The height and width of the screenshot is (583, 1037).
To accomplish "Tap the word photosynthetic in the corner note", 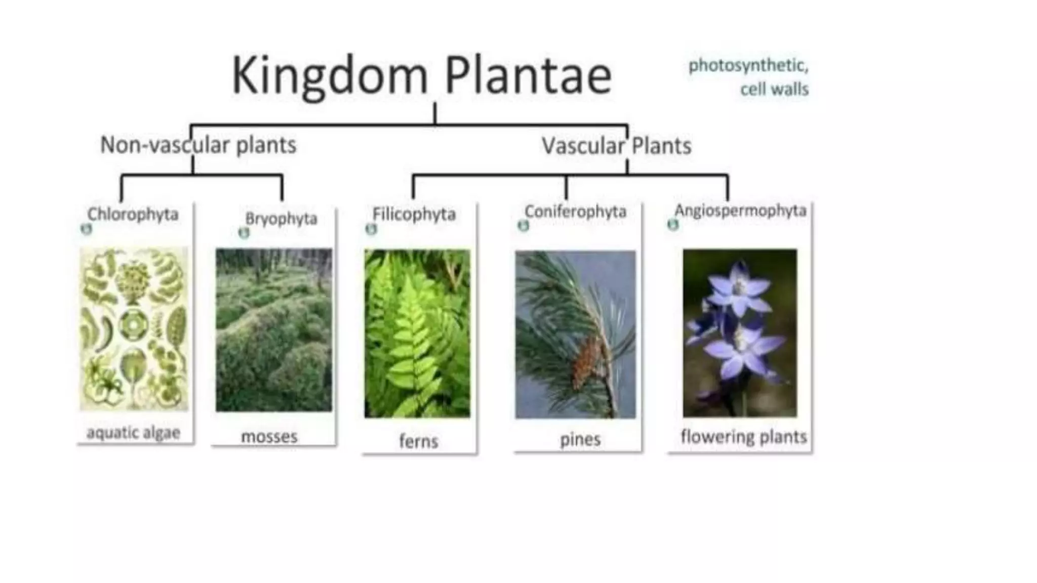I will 748,66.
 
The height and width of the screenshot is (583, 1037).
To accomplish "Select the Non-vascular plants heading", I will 198,145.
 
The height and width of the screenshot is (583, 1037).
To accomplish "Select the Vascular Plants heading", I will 616,146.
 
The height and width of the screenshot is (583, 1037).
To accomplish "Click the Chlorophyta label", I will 133,214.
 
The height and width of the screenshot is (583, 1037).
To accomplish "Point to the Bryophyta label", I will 281,219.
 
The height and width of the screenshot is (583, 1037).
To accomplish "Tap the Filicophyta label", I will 414,214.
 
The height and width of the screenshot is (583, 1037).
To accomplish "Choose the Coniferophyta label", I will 575,211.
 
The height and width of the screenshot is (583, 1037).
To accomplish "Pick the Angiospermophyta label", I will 740,210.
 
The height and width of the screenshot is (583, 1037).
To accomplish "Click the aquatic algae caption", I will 133,433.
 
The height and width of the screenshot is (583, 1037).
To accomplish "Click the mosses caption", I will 269,436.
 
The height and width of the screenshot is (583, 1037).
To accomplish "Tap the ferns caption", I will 418,441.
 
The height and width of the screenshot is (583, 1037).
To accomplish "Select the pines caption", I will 580,439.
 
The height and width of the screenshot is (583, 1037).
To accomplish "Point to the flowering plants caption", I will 743,436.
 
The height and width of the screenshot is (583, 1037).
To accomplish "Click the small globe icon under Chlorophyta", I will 87,229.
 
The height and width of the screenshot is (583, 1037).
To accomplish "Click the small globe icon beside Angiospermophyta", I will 672,224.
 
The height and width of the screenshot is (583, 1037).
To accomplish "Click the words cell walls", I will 774,90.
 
